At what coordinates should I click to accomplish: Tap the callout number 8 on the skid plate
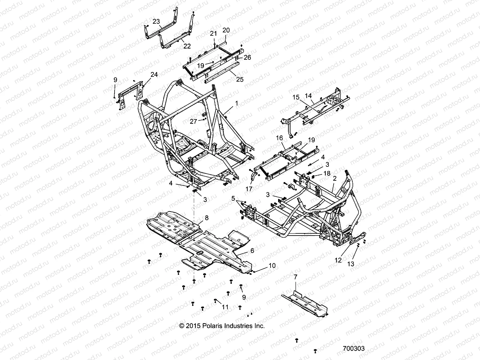(206, 218)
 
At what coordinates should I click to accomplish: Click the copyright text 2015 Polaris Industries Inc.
(222, 326)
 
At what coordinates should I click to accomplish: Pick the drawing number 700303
(354, 349)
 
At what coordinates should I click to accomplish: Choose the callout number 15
(296, 97)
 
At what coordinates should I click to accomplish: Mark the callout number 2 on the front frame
(335, 178)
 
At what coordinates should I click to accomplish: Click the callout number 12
(338, 260)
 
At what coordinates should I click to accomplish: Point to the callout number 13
(350, 264)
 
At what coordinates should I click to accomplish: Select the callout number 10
(272, 265)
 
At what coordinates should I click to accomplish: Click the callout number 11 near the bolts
(225, 307)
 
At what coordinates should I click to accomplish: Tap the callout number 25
(240, 79)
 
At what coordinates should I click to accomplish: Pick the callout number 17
(249, 189)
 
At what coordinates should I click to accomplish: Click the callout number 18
(327, 173)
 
